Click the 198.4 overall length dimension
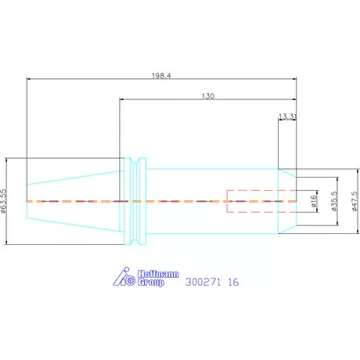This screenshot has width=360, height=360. [161, 76]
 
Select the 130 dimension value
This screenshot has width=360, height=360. [208, 96]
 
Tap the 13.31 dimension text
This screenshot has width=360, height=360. [287, 117]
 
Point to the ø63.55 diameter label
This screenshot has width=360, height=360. [3, 201]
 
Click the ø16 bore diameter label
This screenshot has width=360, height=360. [314, 201]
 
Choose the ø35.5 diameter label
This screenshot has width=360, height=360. [334, 201]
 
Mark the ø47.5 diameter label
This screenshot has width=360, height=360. [355, 201]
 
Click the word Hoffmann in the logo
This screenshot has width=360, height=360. [158, 274]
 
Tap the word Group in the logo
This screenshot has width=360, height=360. [151, 283]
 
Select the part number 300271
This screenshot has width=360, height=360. [203, 282]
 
